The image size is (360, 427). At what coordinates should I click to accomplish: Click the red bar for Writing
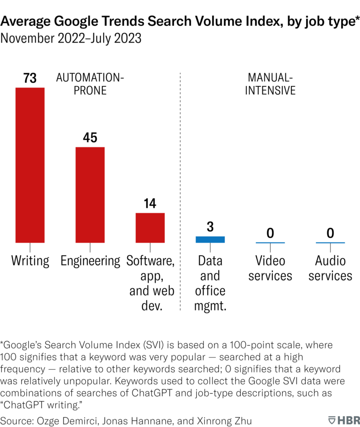30,165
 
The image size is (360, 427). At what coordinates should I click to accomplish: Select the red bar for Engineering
90,195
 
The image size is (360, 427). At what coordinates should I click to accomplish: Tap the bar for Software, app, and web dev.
150,228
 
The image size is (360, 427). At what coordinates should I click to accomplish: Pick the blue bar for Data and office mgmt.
210,239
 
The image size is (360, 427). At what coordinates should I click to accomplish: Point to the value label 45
90,137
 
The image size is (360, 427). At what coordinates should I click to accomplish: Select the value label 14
150,204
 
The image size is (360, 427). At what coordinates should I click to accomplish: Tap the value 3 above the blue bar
210,227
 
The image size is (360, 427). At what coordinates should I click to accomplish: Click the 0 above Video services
270,233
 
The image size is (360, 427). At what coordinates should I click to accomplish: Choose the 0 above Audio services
330,233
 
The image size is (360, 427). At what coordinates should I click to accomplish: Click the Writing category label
30,261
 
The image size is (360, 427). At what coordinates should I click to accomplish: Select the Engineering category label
90,261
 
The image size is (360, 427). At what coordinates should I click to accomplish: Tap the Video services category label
270,268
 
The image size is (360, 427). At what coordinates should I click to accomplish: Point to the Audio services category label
330,268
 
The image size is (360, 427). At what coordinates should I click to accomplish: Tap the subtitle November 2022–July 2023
71,38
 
